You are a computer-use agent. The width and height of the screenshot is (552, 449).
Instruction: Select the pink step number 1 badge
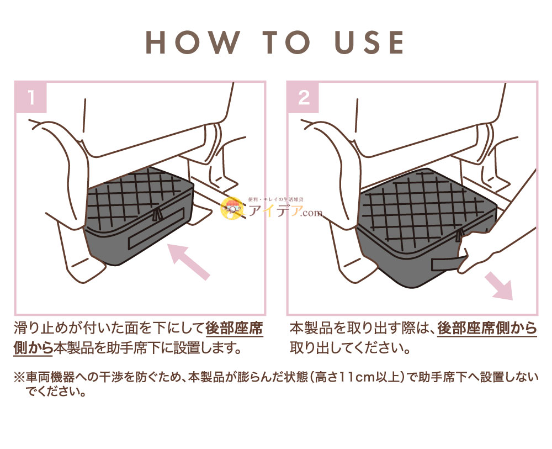(x=31, y=98)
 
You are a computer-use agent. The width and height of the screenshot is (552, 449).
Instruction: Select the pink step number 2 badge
(x=304, y=98)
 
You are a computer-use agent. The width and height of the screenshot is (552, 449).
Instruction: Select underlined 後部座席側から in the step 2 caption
(x=487, y=329)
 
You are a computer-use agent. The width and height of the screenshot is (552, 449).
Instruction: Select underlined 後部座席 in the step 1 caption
(x=234, y=329)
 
